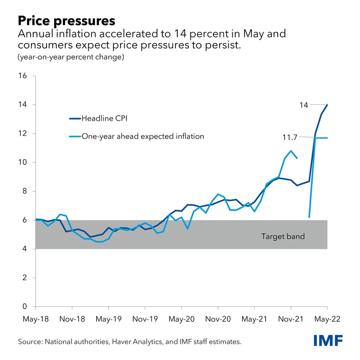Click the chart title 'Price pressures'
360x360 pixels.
(x=67, y=20)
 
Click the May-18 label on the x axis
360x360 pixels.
(x=36, y=319)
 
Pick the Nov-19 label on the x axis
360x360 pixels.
(x=145, y=319)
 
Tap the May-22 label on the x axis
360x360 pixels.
(x=327, y=319)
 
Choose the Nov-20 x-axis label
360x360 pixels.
(x=218, y=319)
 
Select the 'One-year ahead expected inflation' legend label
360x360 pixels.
(x=142, y=136)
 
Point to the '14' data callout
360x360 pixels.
(x=304, y=105)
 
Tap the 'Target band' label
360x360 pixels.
(x=283, y=236)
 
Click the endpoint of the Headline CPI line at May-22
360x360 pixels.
(x=327, y=105)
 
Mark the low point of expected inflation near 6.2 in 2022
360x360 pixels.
(x=309, y=217)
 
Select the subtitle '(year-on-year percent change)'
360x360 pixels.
(x=71, y=57)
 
